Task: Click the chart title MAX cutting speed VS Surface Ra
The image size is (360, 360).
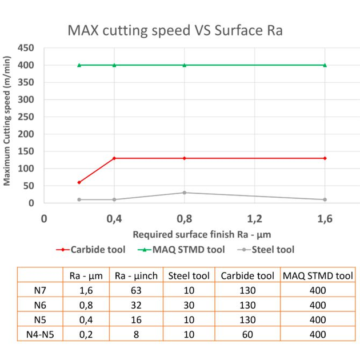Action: point(175,29)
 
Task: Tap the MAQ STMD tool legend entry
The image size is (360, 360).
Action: point(185,249)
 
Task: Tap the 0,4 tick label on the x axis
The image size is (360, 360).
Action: point(114,218)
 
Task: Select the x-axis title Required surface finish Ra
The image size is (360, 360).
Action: point(201,234)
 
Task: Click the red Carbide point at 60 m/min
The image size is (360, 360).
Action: point(79,182)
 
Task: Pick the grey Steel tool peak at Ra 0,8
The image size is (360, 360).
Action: point(185,193)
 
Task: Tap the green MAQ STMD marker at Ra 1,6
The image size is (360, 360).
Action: point(325,65)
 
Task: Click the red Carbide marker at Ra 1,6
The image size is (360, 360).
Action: point(325,158)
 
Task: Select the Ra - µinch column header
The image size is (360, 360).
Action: point(136,275)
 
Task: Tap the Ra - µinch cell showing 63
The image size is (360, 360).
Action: point(136,290)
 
